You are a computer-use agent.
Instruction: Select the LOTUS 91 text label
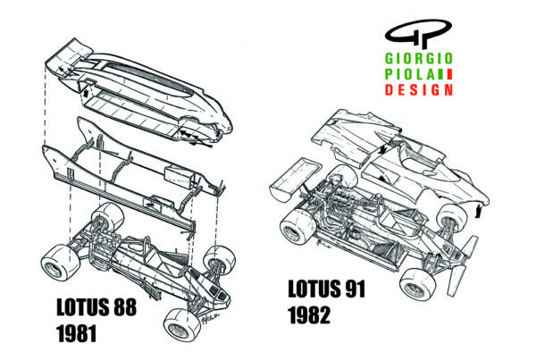327,289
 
